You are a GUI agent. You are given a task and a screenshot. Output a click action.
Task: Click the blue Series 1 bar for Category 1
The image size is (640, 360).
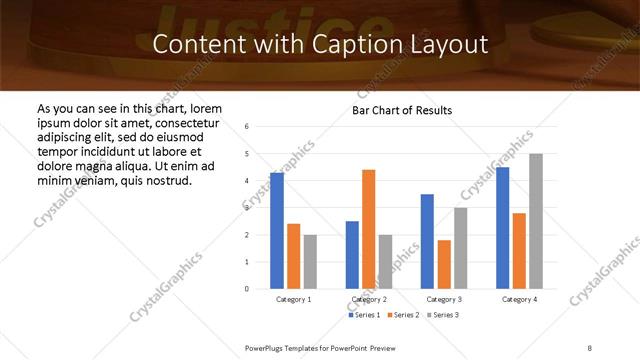[x=277, y=231]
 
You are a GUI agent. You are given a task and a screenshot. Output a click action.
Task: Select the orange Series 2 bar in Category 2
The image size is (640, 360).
[x=368, y=229]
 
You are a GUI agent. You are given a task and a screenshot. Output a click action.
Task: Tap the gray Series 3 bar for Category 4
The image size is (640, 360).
[x=536, y=221]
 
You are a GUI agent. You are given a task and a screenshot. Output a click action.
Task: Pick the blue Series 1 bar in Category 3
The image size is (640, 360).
[x=427, y=241]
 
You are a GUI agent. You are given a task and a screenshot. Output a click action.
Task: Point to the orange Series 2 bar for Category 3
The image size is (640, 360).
[x=444, y=264]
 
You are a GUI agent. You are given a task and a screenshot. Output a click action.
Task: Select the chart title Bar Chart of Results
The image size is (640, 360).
[x=403, y=110]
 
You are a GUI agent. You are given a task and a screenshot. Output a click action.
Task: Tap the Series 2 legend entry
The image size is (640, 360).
[x=402, y=315]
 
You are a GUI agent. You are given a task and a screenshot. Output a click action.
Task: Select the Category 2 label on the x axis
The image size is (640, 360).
[x=368, y=299]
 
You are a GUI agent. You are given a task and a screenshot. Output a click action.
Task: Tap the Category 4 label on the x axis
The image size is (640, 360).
[x=519, y=299]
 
